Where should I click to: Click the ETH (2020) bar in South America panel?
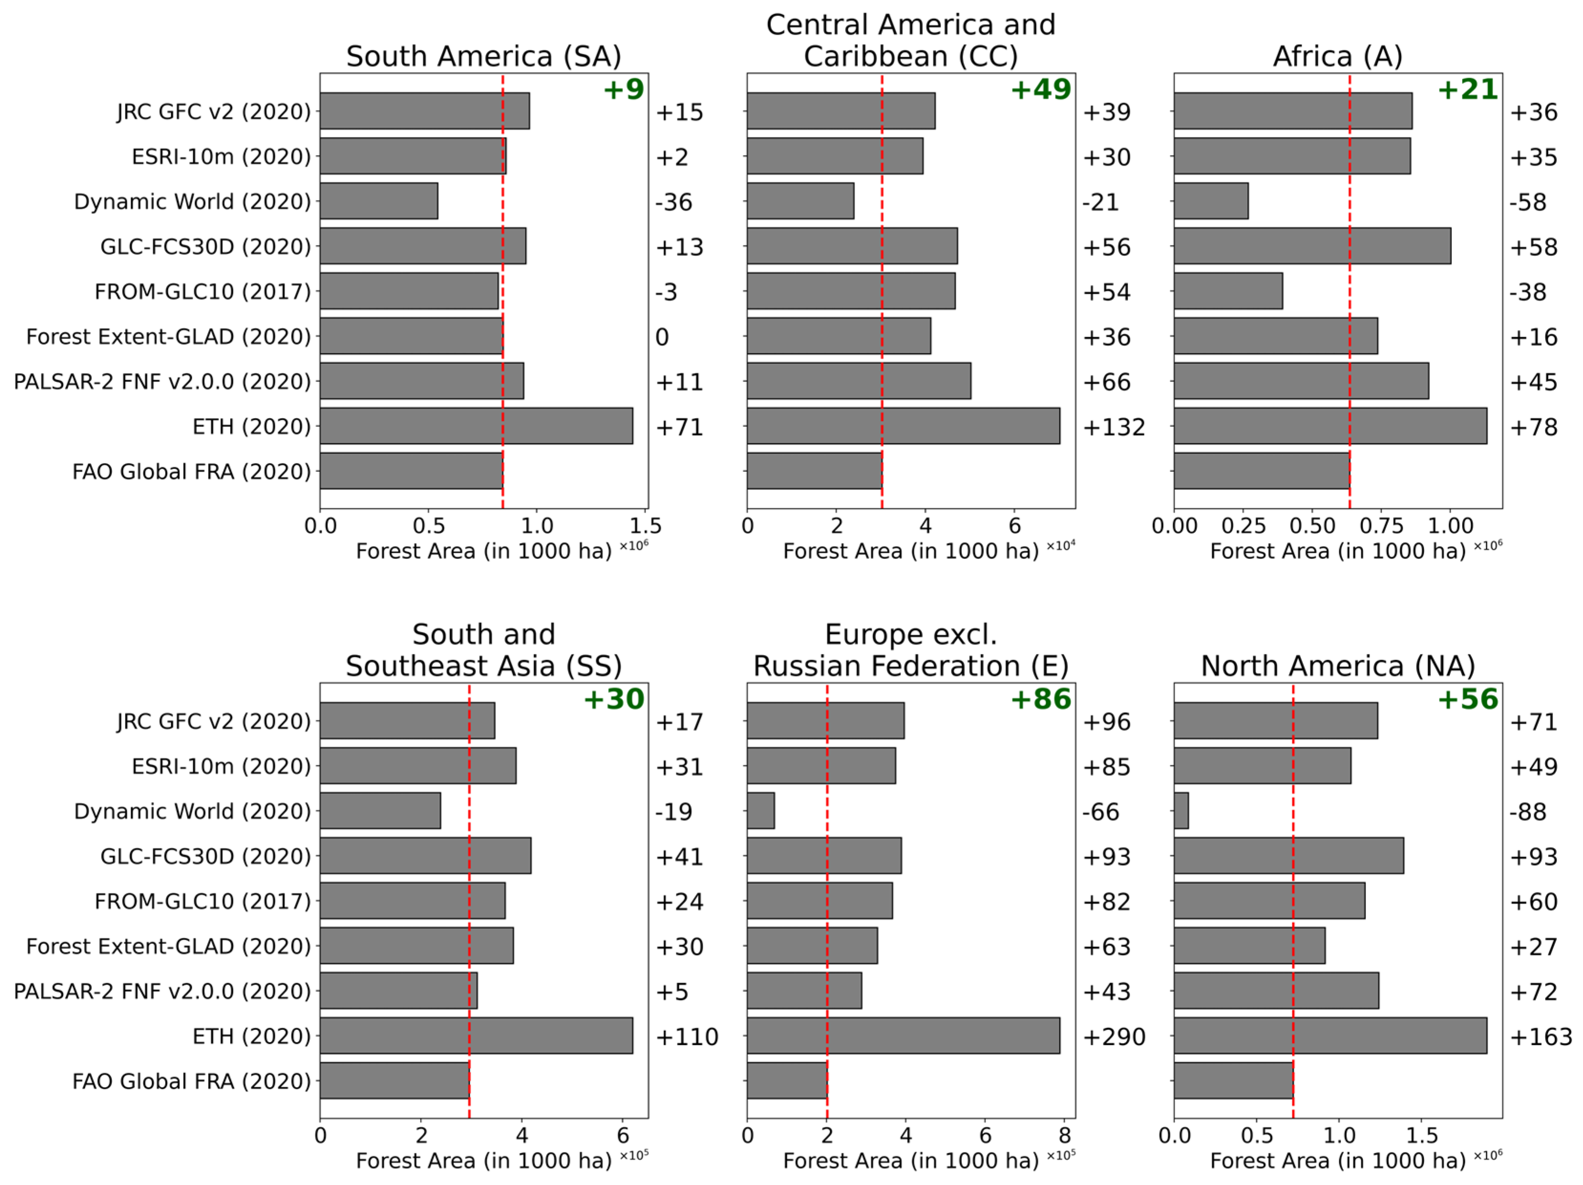[476, 426]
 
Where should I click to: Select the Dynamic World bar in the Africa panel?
[1211, 201]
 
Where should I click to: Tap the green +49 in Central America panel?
[1041, 89]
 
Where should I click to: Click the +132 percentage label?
[1114, 427]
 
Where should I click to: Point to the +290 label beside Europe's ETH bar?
[1114, 1037]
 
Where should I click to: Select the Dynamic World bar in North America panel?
[1182, 811]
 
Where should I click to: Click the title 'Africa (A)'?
[1337, 56]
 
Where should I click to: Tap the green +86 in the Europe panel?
[1041, 699]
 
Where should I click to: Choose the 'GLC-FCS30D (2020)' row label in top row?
[205, 247]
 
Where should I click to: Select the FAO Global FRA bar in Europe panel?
[787, 1080]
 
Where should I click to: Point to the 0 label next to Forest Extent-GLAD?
[662, 337]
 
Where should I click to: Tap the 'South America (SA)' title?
[484, 56]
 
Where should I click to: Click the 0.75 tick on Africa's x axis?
[1381, 526]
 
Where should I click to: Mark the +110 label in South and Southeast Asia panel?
[686, 1037]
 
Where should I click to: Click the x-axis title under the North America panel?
[1337, 1161]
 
